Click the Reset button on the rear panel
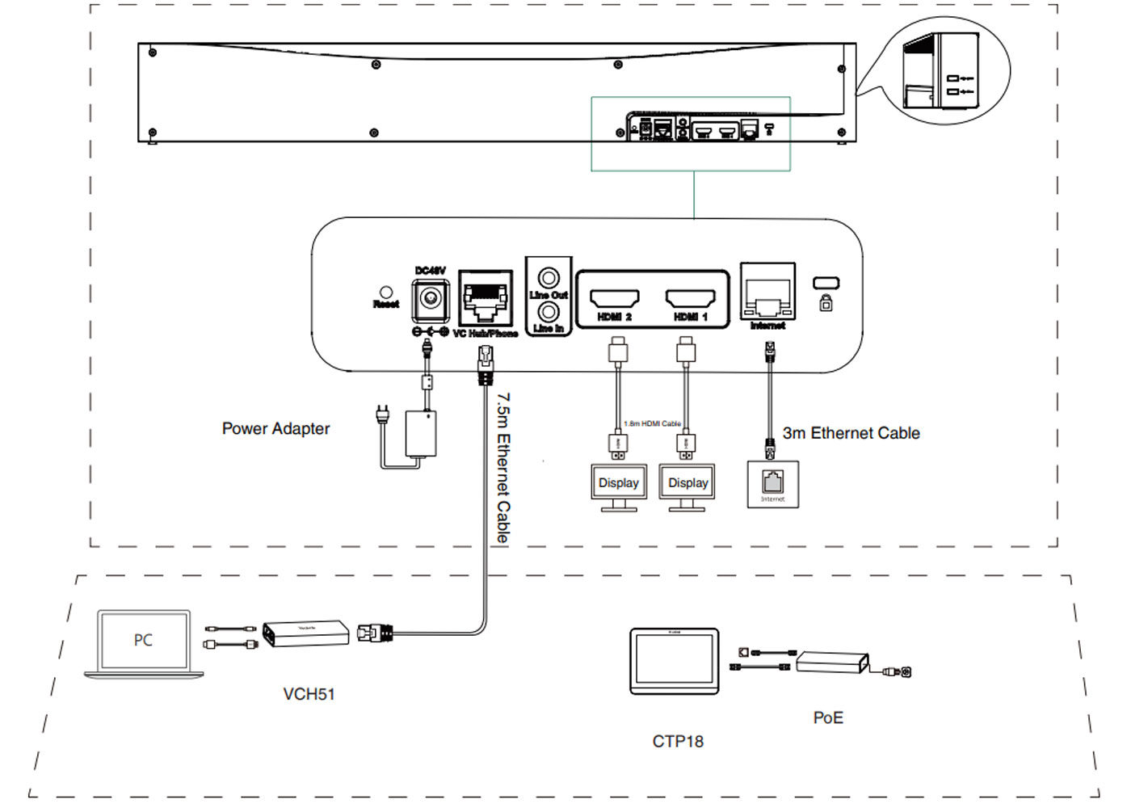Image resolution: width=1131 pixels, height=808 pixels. [x=386, y=292]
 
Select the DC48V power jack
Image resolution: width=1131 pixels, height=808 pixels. [x=431, y=299]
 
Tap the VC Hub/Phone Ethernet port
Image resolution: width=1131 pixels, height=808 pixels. [x=485, y=298]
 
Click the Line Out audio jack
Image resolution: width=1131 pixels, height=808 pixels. [x=549, y=279]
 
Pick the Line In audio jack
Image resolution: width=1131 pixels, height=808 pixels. [x=549, y=312]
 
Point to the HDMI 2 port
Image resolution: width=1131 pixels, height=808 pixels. [x=615, y=298]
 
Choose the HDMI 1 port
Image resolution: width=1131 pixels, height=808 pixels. [x=690, y=298]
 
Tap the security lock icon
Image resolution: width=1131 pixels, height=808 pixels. [x=826, y=304]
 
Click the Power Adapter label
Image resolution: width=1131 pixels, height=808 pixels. [x=275, y=429]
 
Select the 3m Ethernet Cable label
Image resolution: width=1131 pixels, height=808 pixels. [x=851, y=433]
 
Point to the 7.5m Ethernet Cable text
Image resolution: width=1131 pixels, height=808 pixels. [x=503, y=468]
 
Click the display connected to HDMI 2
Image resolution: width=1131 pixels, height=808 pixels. [x=619, y=483]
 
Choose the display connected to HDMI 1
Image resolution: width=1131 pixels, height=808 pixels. [x=687, y=483]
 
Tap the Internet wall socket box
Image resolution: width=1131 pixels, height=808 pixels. [x=773, y=484]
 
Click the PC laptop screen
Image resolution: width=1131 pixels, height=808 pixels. [x=143, y=640]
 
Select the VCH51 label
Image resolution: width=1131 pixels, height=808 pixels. [x=309, y=694]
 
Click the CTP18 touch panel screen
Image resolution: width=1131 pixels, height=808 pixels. [x=674, y=659]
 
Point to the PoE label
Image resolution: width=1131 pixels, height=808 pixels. [x=828, y=718]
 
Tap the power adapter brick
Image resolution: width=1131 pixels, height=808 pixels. [x=420, y=434]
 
